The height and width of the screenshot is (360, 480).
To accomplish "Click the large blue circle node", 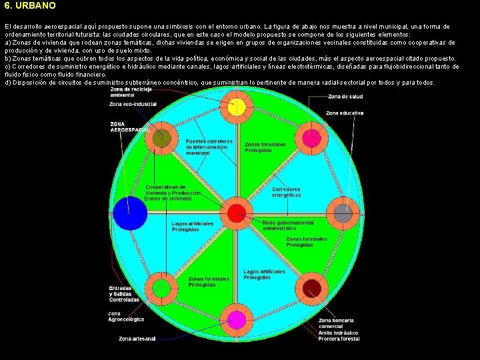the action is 130,213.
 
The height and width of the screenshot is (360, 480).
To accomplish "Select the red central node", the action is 236,213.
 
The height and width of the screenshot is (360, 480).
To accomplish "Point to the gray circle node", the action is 342,213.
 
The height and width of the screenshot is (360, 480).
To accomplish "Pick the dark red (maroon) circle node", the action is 311,288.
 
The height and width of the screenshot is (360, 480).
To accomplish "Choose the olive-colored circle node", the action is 161,139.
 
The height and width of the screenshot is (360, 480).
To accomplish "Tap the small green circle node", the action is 161,288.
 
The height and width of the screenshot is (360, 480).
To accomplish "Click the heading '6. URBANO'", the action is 29,5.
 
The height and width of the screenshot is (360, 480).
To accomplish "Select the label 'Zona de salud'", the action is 345,96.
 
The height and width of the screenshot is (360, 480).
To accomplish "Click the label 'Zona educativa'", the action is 345,113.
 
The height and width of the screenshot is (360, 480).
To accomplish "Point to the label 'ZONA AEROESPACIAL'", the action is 129,127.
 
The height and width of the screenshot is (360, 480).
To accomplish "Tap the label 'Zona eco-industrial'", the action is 133,105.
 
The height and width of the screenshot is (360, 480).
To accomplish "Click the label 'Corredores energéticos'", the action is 286,192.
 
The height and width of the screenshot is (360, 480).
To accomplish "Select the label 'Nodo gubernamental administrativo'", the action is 288,225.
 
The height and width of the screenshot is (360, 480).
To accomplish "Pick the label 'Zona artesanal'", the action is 137,339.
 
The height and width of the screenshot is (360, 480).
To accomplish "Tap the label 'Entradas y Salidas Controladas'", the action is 124,294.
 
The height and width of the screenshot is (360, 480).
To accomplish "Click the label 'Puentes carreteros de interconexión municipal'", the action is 209,147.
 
